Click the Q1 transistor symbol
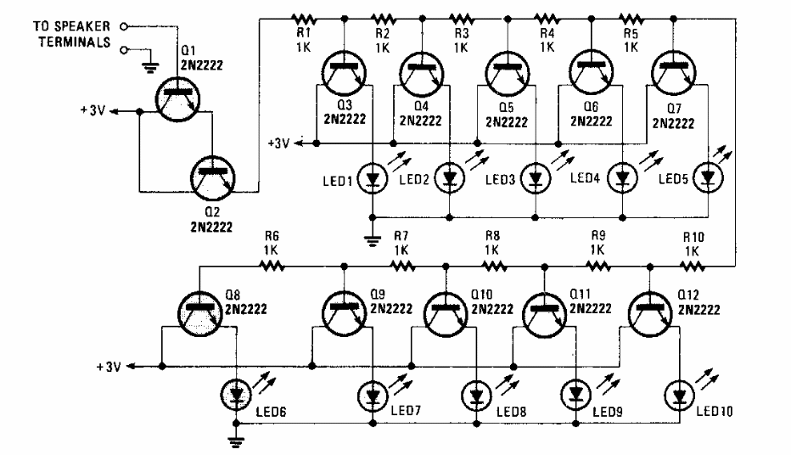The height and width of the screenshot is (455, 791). [177, 99]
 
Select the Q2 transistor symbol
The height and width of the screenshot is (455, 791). [213, 177]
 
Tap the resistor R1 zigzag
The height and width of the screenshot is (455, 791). [304, 20]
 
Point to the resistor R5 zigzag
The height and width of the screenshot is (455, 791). [631, 20]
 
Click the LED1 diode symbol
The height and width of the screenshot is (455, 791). [373, 178]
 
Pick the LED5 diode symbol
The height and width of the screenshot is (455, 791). [709, 177]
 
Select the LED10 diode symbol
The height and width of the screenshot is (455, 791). [680, 396]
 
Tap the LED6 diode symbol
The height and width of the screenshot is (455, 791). [236, 395]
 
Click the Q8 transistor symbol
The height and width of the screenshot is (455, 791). [200, 313]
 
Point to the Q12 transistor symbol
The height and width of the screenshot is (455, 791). [650, 313]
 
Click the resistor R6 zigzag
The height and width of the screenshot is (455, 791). [272, 266]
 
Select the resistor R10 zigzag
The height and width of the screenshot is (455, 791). [693, 266]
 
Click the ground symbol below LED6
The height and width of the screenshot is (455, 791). [236, 441]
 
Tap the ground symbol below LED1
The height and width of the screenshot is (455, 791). [373, 240]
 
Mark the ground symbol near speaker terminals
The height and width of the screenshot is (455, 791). [150, 68]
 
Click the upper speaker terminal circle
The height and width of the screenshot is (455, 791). [124, 25]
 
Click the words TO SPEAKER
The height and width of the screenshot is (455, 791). [71, 25]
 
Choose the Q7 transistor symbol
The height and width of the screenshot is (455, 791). [674, 73]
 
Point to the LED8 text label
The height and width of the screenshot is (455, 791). [512, 412]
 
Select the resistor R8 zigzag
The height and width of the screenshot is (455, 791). [494, 266]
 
